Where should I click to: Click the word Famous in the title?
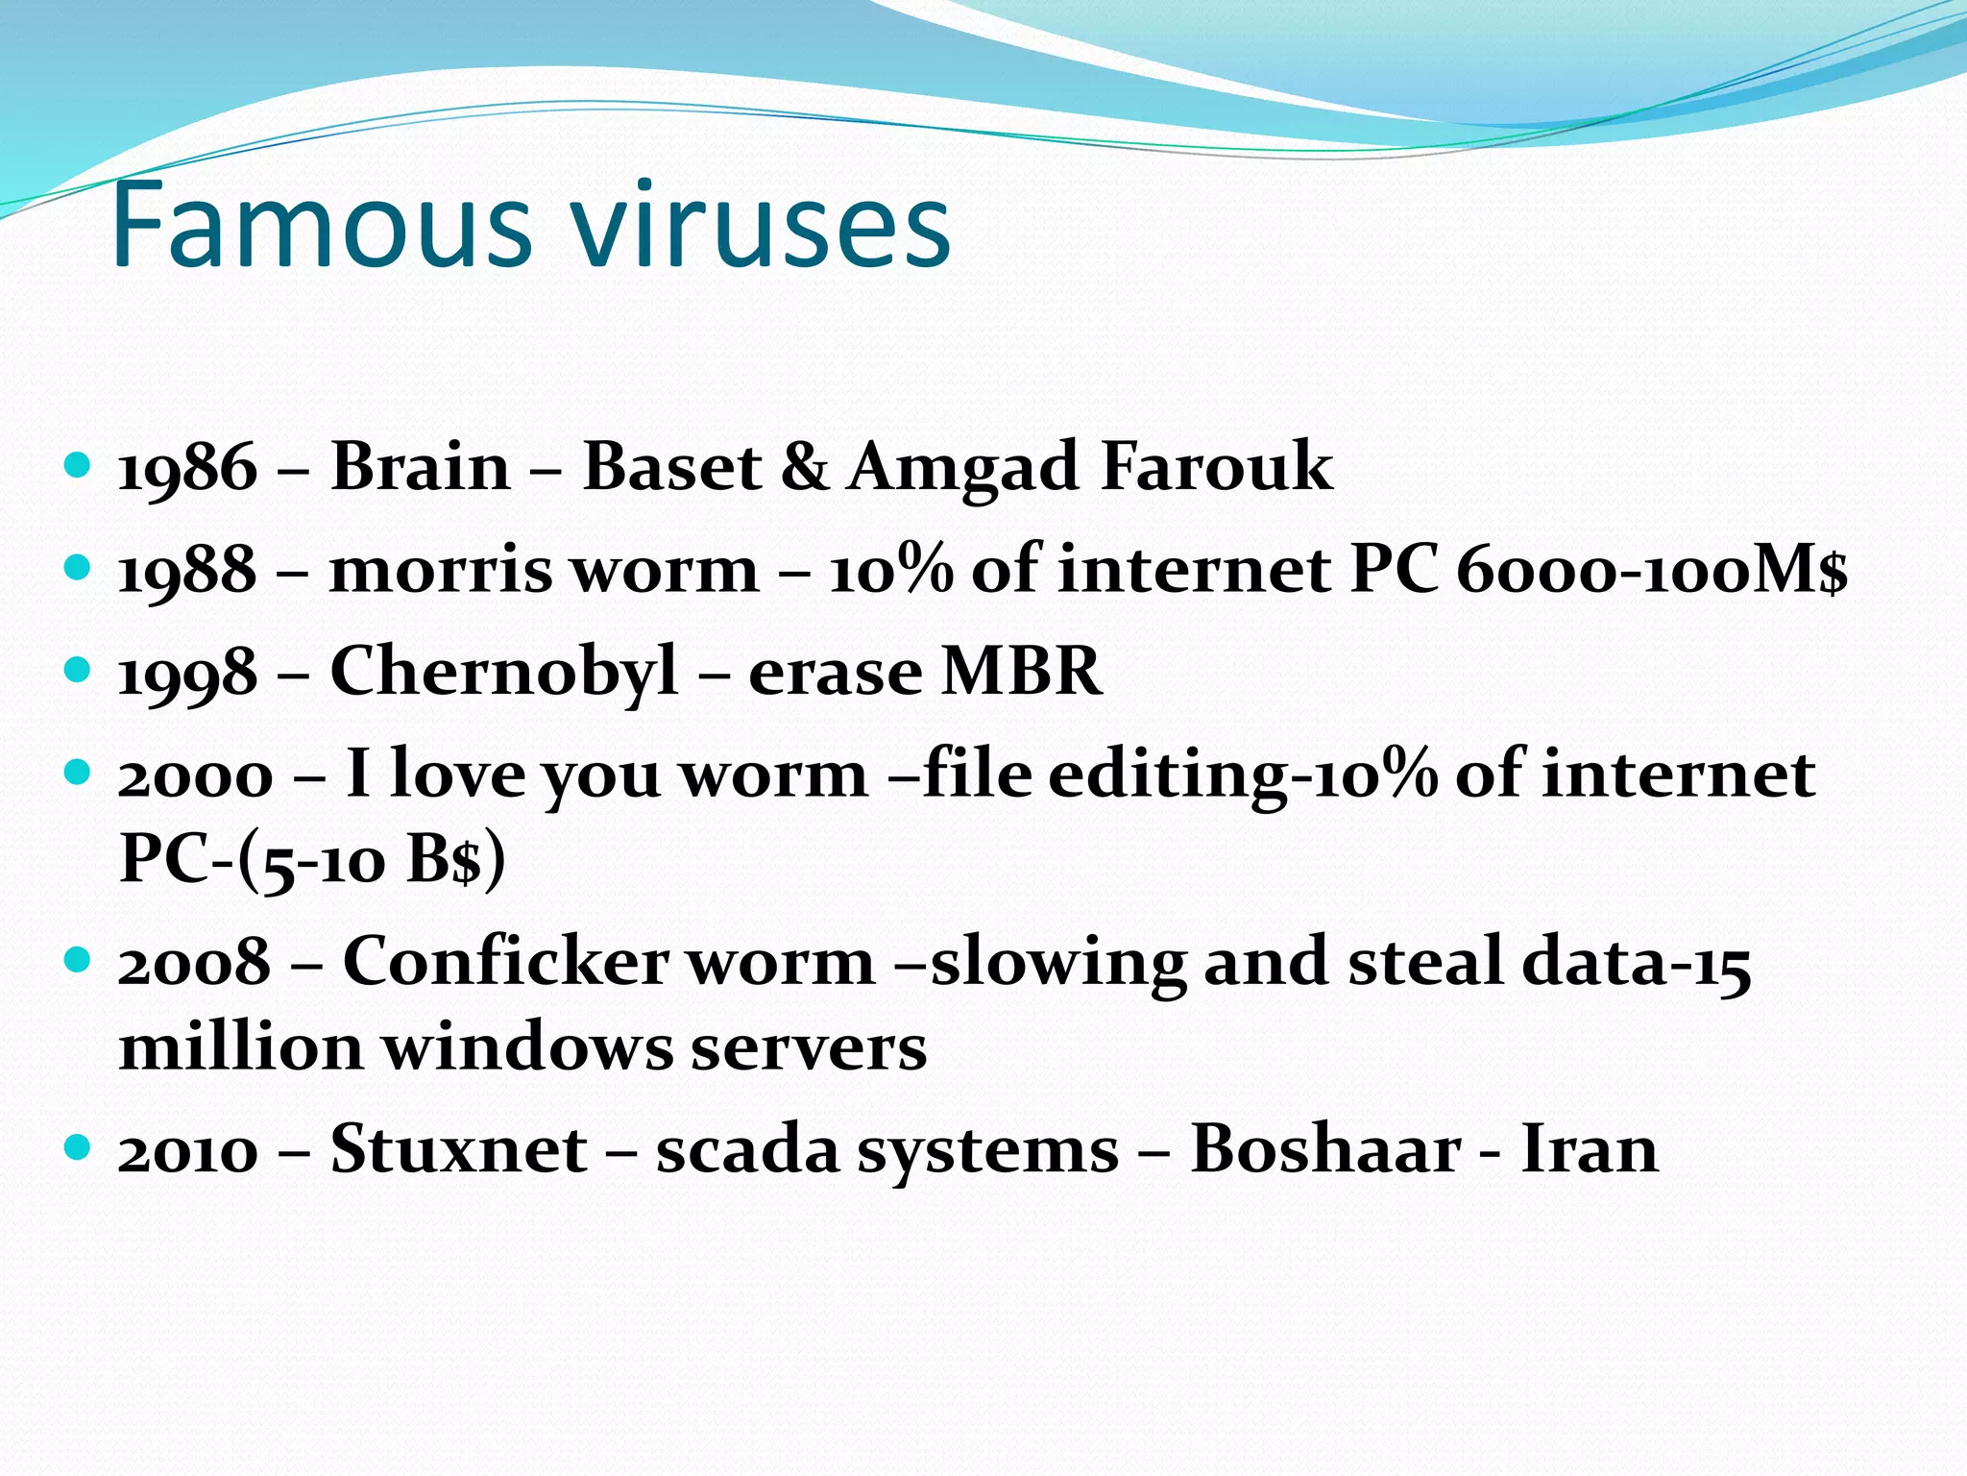tap(322, 227)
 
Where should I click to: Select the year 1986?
tap(187, 468)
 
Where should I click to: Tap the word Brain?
tap(420, 468)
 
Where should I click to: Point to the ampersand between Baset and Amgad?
tap(804, 468)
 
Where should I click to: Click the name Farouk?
tap(1216, 468)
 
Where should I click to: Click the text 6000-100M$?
tap(1651, 570)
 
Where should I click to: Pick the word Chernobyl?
tap(504, 672)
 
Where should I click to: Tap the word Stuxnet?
tap(458, 1149)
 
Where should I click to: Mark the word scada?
tap(747, 1149)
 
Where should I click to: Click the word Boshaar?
tap(1326, 1149)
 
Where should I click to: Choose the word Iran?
tap(1590, 1149)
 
